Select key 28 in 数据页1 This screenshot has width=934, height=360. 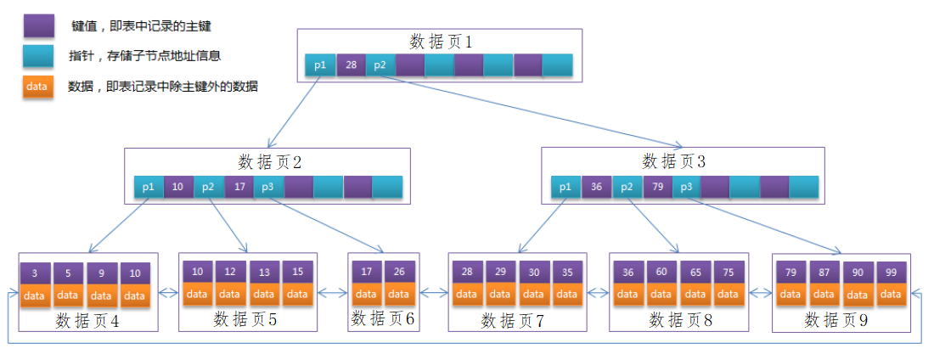[351, 65]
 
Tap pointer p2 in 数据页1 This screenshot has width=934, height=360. [380, 65]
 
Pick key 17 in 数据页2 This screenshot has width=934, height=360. [239, 187]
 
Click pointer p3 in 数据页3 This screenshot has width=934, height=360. [687, 187]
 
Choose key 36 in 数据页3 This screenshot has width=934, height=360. [597, 187]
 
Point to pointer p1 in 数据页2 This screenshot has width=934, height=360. [149, 187]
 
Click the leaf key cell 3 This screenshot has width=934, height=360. [35, 274]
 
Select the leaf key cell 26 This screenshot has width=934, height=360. [400, 272]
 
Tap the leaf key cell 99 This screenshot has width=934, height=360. [891, 273]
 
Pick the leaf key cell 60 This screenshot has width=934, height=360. [661, 273]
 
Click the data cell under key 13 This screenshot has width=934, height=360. [264, 294]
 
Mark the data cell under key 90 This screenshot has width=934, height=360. [858, 295]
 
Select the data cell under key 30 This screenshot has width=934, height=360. [534, 294]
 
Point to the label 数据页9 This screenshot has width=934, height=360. [836, 321]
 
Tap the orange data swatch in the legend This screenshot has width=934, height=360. [37, 87]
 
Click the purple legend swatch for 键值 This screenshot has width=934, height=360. [37, 25]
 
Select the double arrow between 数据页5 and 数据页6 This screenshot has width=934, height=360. [332, 293]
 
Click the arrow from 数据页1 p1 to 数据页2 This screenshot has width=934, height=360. [293, 112]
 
